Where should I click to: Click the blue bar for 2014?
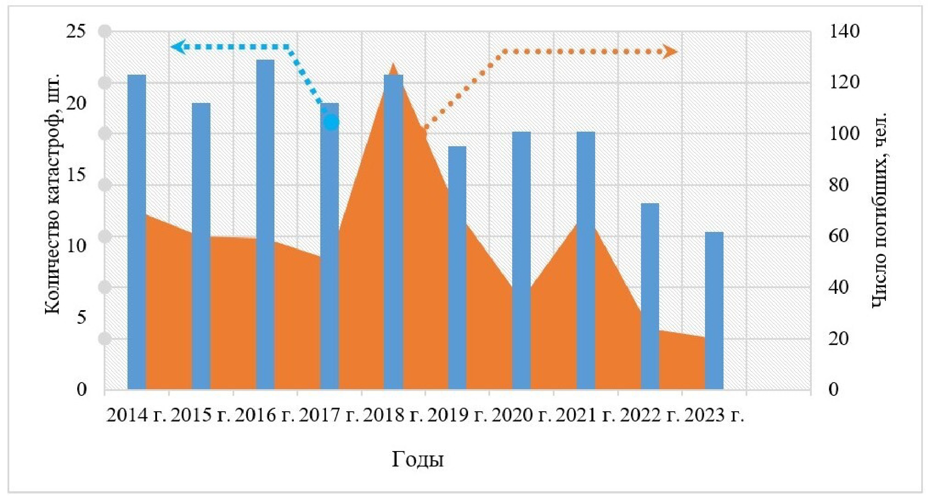coord(136,232)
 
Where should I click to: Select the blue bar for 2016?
coord(265,224)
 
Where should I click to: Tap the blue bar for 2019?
coord(457,268)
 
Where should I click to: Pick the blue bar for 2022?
coord(649,296)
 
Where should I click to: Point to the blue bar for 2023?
coord(714,311)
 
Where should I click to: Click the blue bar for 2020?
coord(521,261)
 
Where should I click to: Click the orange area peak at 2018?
coord(394,66)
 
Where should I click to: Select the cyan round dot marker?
coord(331,122)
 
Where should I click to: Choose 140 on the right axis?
coord(844,32)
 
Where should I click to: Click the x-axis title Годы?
coord(417,459)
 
